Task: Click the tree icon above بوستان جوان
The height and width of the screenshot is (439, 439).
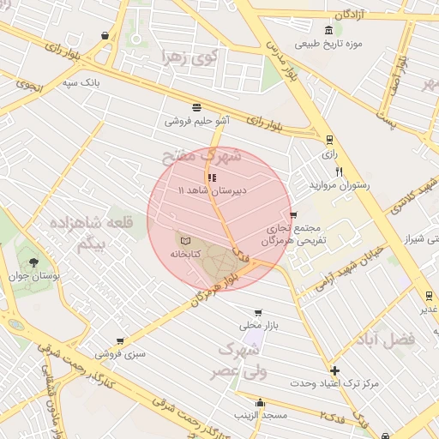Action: [33, 262]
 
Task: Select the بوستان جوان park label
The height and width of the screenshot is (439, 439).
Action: [39, 277]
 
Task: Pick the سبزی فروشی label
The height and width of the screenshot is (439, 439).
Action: [121, 353]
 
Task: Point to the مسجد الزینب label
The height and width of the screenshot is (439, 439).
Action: [262, 416]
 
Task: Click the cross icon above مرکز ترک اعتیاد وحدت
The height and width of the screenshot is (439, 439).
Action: [334, 370]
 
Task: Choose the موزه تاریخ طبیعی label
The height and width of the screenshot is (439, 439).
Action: [328, 43]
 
